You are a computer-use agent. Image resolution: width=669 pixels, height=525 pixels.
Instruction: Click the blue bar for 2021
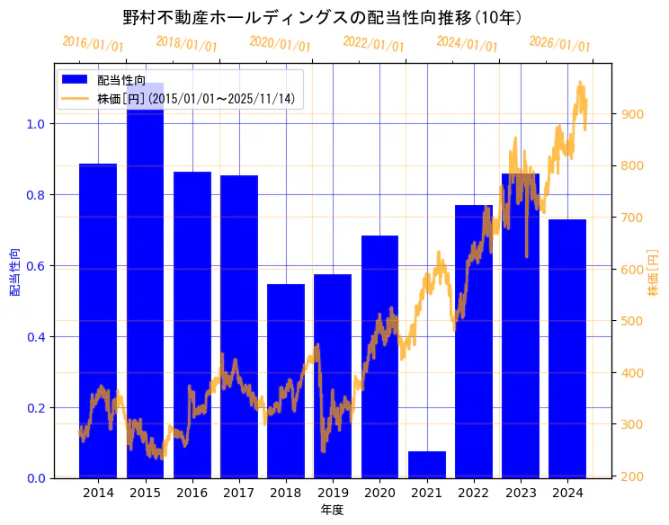(427, 465)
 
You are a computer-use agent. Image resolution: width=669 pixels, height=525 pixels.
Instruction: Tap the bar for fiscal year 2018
(286, 381)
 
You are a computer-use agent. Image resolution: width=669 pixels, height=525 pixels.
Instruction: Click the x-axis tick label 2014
(98, 493)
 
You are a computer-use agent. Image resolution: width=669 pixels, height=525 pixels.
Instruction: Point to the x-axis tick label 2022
(474, 493)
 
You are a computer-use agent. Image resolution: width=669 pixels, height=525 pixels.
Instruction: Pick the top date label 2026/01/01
(559, 43)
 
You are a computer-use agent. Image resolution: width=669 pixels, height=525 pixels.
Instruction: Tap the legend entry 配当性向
(121, 80)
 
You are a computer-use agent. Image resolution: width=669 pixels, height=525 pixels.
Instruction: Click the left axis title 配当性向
(15, 271)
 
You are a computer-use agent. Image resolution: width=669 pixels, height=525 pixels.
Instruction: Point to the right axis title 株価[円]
(653, 271)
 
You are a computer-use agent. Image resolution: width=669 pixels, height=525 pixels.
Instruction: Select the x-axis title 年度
(333, 510)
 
